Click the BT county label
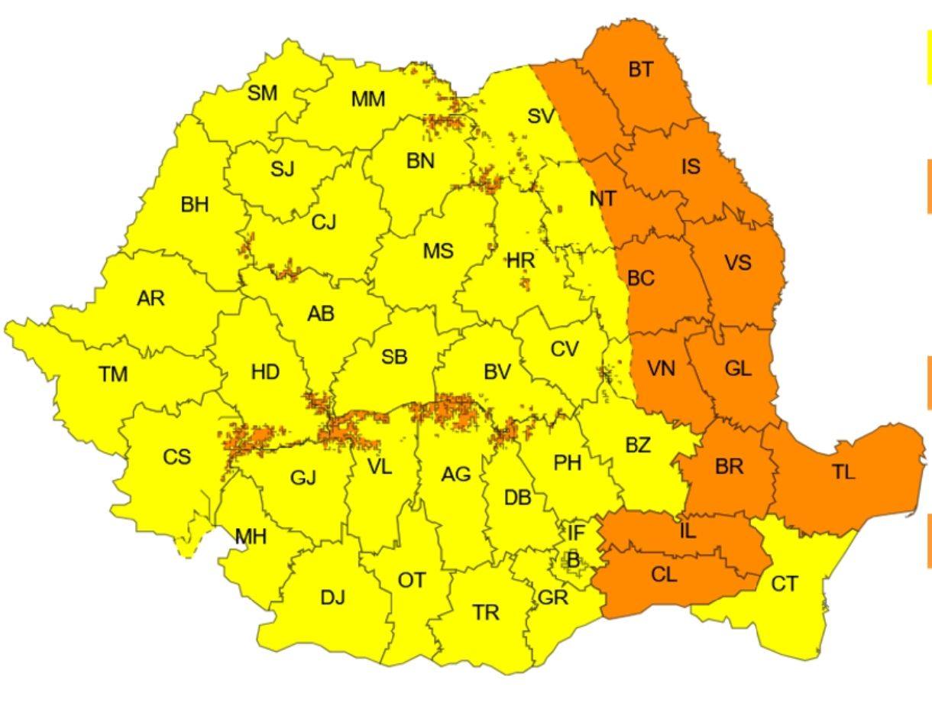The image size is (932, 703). tap(641, 70)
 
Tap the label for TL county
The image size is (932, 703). tap(843, 472)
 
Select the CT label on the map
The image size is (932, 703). tap(784, 585)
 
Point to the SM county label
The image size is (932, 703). tap(263, 93)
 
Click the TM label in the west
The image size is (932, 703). tap(113, 374)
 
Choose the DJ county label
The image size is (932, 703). tap(332, 598)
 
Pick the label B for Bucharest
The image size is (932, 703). tap(573, 560)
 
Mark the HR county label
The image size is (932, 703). tap(521, 261)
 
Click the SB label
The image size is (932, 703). tap(394, 356)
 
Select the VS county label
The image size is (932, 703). tap(737, 264)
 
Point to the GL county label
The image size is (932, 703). tap(738, 369)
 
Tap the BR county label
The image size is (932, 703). tap(729, 466)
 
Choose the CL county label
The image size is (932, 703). tap(664, 575)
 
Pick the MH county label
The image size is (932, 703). tap(251, 536)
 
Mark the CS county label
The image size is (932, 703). tap(176, 457)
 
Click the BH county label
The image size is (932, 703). tap(195, 205)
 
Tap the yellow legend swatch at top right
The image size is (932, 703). tap(927, 57)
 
